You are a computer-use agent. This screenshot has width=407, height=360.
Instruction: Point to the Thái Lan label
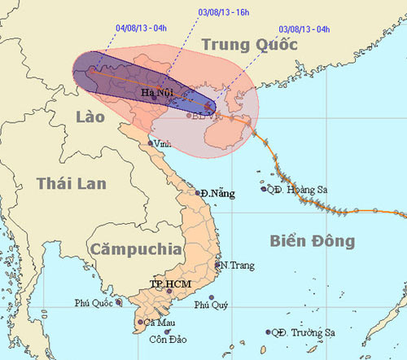pos(71,183)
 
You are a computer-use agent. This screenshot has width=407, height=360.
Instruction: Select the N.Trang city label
pos(237,266)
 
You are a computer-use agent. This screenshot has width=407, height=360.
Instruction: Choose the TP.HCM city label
pos(168,283)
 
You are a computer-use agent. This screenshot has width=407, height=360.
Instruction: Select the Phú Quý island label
pos(210,305)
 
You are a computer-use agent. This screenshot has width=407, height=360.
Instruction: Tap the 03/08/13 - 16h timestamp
pos(224,13)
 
